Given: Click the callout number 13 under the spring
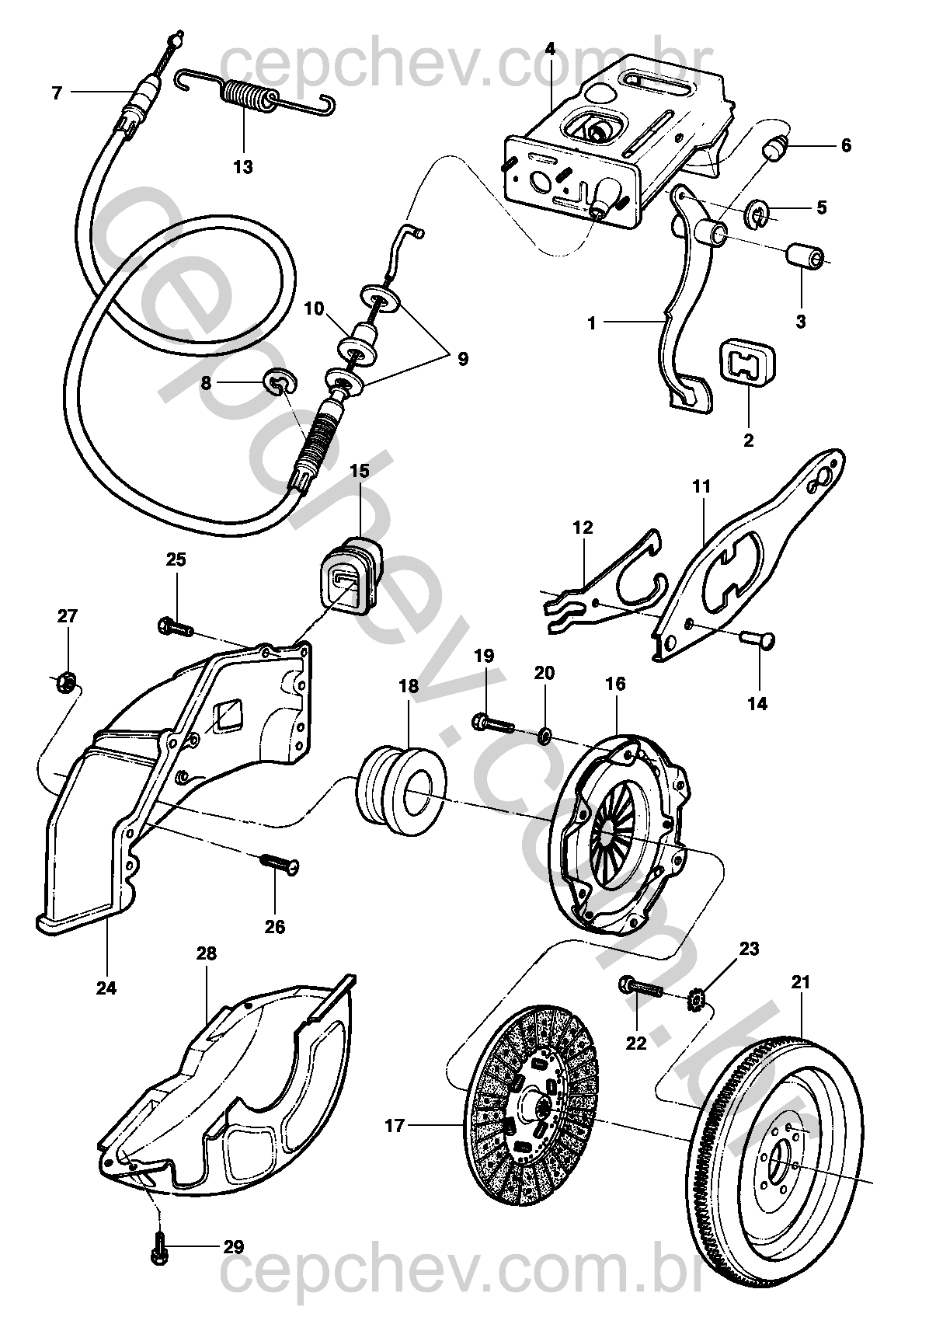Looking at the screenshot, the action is (243, 167).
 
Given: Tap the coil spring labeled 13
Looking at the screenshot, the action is (255, 95).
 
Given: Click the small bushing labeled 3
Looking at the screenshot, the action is (805, 258).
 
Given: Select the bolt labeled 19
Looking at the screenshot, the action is (493, 723).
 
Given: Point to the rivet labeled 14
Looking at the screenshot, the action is (757, 639).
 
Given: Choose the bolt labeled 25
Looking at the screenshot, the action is (176, 626).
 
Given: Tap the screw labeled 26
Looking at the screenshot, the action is (278, 863).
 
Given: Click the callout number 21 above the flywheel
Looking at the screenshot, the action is (801, 982).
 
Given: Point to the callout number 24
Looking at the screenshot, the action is (106, 988).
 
